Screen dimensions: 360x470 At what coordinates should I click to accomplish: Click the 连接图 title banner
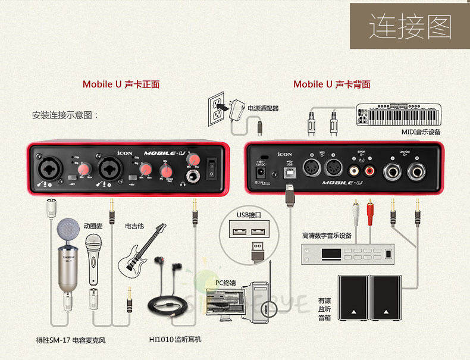410,27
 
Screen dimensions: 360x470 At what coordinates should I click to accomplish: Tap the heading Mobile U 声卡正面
121,84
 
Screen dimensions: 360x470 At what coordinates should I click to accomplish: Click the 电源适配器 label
263,108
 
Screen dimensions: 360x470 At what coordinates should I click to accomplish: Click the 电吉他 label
134,226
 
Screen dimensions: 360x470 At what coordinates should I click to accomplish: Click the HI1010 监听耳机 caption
176,340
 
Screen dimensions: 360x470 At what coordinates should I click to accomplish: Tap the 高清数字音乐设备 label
327,236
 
